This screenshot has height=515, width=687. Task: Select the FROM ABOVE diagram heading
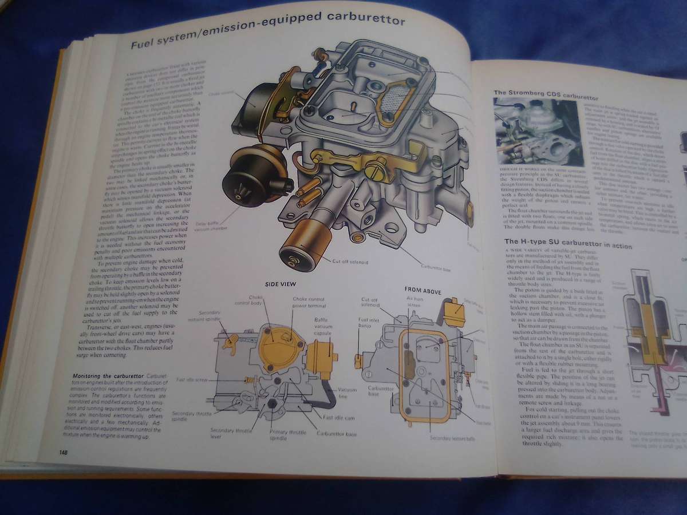[421, 290]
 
